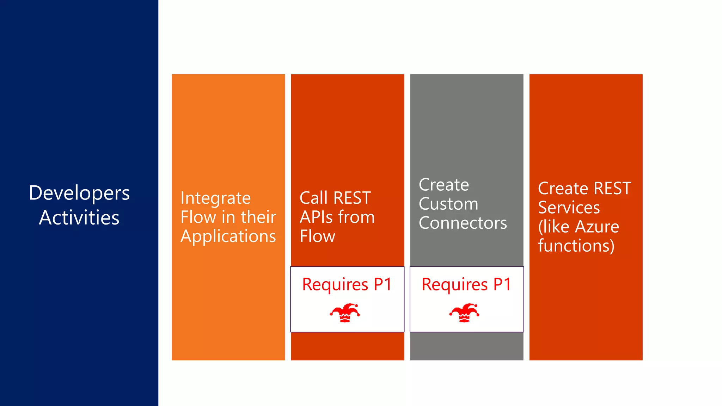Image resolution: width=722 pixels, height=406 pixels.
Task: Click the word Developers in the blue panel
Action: (x=79, y=193)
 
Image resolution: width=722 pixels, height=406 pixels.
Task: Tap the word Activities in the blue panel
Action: (x=79, y=217)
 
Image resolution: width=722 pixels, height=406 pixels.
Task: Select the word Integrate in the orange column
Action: (x=215, y=198)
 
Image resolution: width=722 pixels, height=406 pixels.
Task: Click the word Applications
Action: (x=228, y=236)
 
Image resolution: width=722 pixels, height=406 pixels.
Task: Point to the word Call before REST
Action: (x=313, y=198)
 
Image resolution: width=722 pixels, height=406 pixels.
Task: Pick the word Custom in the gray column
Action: (x=448, y=204)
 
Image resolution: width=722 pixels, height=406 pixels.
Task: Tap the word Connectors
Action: (x=463, y=223)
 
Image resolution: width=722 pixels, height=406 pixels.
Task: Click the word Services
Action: (x=569, y=208)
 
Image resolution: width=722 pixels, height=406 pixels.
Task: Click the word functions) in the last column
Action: (x=576, y=246)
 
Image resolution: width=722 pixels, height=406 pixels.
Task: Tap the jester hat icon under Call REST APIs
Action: (x=345, y=313)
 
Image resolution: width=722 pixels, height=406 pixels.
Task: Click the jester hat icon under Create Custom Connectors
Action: (x=464, y=313)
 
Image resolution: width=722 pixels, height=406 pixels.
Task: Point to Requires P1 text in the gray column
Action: (x=466, y=284)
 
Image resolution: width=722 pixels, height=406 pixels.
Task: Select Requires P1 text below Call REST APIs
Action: (x=347, y=284)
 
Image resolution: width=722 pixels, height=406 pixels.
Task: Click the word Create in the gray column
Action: (x=443, y=185)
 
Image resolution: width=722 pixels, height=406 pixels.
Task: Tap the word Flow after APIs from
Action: (x=317, y=236)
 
